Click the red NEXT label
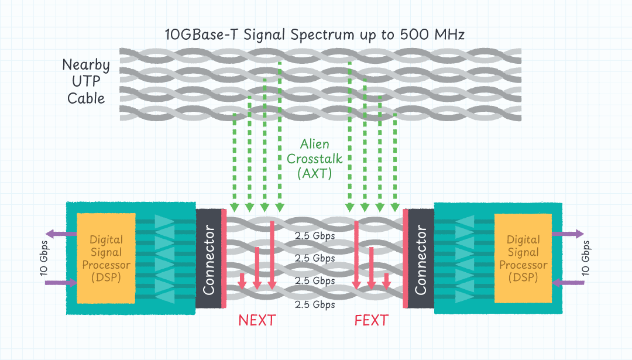pyautogui.click(x=256, y=320)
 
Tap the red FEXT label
pyautogui.click(x=371, y=320)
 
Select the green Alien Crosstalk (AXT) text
pyautogui.click(x=315, y=158)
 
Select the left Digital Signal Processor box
pyautogui.click(x=106, y=258)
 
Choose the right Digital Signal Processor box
pyautogui.click(x=523, y=258)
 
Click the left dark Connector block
pyautogui.click(x=208, y=258)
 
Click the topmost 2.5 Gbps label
pyautogui.click(x=315, y=236)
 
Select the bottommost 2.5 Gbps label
pyautogui.click(x=315, y=304)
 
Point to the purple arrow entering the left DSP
pyautogui.click(x=61, y=283)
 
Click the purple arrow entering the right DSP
pyautogui.click(x=568, y=283)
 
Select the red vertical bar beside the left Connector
pyautogui.click(x=224, y=258)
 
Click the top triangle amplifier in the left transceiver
pyautogui.click(x=164, y=222)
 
